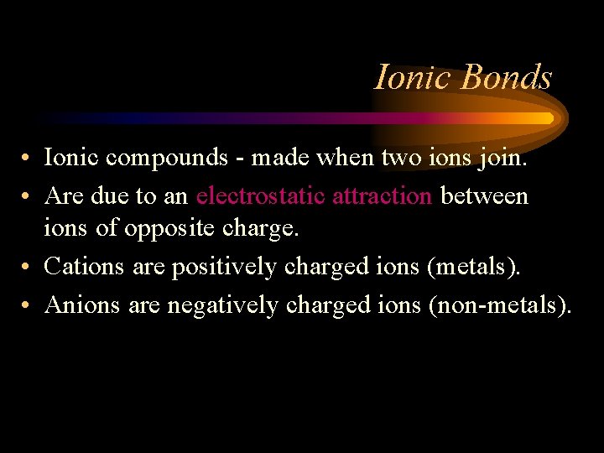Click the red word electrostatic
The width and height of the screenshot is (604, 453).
pos(262,195)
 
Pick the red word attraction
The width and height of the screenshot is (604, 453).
pos(382,195)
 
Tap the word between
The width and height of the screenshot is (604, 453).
pos(484,195)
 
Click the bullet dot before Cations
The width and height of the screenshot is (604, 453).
pos(28,268)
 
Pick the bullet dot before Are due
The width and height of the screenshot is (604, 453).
pos(28,196)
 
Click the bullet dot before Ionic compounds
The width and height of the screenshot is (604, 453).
pos(28,158)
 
